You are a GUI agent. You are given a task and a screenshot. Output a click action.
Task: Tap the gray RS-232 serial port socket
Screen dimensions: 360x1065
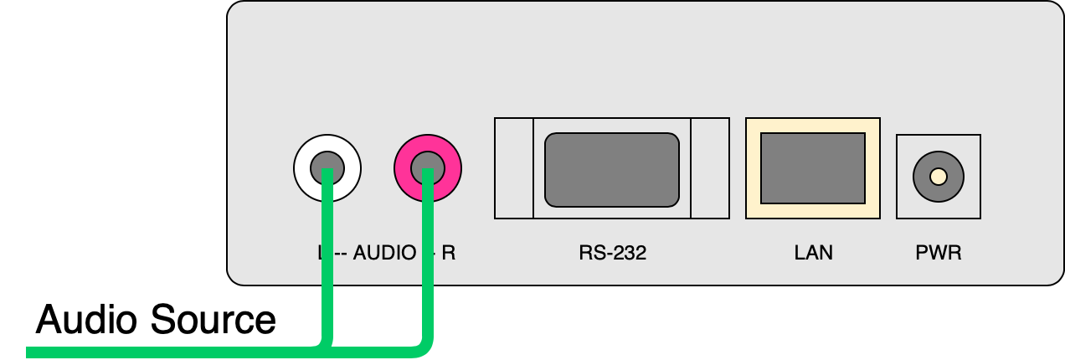point(612,169)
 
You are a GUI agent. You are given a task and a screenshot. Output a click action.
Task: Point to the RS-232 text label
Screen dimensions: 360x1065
point(612,252)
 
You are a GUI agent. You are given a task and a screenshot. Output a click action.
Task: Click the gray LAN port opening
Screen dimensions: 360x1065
point(812,167)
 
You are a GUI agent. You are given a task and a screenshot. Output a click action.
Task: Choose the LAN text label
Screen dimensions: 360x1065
point(813,252)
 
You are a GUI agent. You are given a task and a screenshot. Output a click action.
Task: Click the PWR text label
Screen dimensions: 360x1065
point(939,252)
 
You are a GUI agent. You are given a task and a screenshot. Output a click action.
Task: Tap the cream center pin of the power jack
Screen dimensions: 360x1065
point(939,176)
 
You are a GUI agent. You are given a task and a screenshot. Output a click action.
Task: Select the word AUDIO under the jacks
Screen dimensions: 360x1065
point(384,252)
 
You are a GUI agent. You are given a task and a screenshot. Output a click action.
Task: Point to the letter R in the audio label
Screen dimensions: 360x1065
point(449,252)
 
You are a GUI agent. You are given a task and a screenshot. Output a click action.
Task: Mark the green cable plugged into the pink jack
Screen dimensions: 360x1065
point(428,268)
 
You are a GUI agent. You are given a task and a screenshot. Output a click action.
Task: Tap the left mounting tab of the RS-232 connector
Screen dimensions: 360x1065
point(513,168)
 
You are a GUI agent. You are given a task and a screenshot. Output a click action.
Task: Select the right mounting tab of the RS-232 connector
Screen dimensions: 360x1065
point(710,168)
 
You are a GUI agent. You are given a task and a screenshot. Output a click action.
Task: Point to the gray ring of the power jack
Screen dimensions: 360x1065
point(923,176)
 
